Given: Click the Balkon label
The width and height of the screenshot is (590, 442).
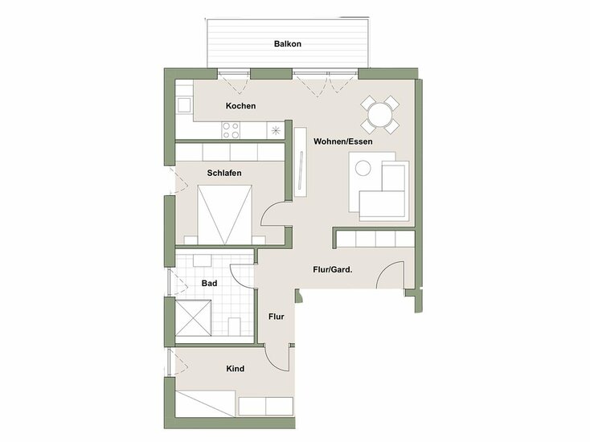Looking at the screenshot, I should click(287, 44).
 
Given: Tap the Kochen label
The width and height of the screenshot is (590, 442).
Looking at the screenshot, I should click(240, 106).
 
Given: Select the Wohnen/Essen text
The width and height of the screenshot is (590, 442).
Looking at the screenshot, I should click(343, 141).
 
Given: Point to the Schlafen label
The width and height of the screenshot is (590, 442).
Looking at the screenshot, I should click(224, 173).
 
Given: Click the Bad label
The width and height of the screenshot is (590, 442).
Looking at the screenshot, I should click(210, 283).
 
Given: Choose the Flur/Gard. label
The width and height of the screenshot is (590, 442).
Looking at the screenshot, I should click(332, 269).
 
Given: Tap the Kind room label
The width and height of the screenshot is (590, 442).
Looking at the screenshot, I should click(236, 369).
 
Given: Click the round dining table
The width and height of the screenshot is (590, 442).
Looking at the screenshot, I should click(379, 113).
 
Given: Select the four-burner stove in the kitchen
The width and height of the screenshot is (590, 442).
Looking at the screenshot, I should click(231, 129).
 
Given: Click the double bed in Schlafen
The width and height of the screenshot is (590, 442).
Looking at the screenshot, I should click(226, 213).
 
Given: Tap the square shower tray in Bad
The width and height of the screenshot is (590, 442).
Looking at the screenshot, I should click(195, 317).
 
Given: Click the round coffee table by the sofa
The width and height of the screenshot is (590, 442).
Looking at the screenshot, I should click(363, 169).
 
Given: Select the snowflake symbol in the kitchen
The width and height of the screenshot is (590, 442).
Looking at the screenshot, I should click(277, 130).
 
